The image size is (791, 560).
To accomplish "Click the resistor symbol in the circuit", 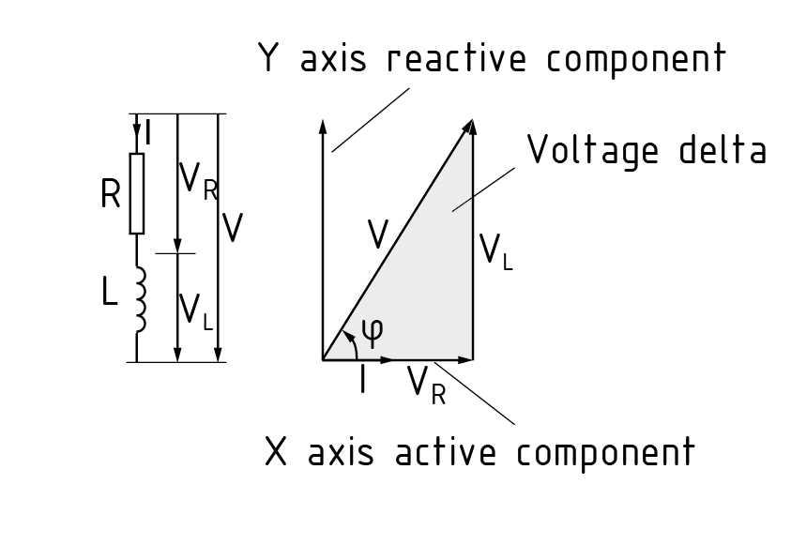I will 137,194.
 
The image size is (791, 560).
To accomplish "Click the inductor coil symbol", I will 141,298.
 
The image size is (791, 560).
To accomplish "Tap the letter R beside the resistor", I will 111,194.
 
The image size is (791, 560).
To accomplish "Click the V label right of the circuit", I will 234,227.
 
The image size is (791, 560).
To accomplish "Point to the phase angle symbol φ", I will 372,330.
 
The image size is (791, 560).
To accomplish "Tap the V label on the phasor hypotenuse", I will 376,235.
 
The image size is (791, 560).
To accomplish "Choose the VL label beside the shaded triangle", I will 495,251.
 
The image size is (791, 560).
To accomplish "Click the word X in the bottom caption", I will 276,452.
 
